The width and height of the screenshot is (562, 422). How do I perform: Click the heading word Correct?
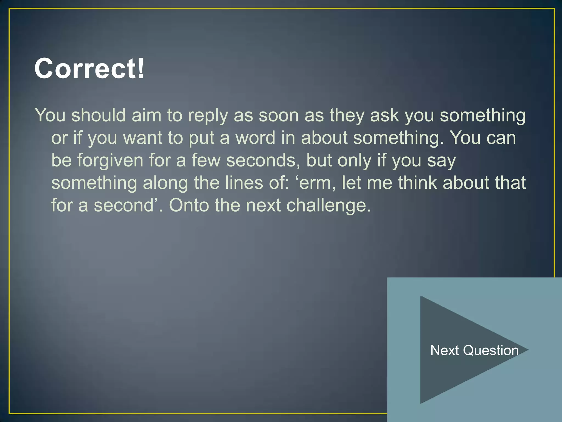89,68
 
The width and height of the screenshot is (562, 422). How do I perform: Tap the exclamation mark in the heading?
140,68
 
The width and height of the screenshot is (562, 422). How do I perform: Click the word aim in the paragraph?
146,115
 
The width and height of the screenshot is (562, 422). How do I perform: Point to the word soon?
279,115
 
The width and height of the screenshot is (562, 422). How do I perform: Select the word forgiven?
110,160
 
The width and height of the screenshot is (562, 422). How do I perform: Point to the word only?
354,161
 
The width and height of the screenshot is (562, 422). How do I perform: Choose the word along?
165,183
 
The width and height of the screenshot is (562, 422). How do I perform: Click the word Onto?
189,205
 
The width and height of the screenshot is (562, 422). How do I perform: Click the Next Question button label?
474,350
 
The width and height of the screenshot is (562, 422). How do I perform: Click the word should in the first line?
99,115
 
